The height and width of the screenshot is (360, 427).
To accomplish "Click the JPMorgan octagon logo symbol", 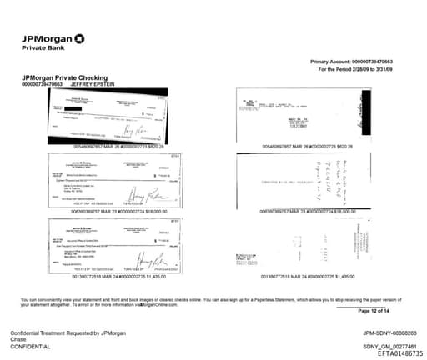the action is tap(79, 37).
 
